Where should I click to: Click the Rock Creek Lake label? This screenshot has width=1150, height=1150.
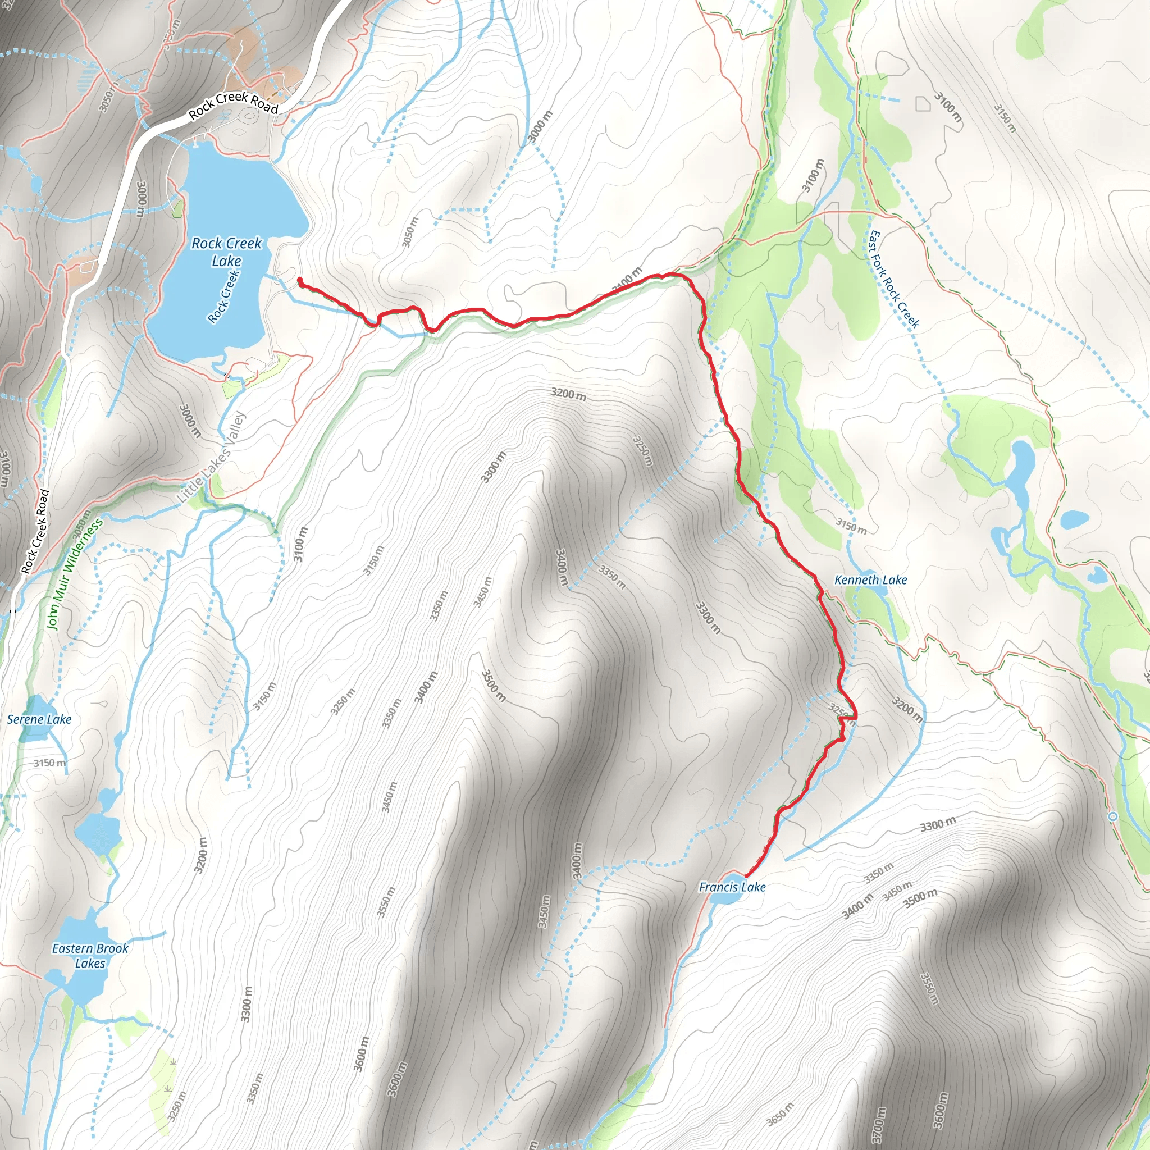226,252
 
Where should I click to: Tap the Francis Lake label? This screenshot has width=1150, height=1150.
732,887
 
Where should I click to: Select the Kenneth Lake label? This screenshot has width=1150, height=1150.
870,579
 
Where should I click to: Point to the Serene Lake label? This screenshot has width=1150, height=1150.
39,719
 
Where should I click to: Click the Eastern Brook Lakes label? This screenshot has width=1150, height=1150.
90,955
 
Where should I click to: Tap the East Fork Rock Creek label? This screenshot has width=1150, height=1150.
894,280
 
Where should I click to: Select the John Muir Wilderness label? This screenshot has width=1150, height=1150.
75,574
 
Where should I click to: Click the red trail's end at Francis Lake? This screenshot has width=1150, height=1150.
746,876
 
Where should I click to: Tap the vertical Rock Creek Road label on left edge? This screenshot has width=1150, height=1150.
36,531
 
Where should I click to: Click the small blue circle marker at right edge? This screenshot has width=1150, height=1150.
1112,816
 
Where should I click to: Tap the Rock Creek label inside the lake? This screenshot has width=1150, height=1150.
224,297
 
